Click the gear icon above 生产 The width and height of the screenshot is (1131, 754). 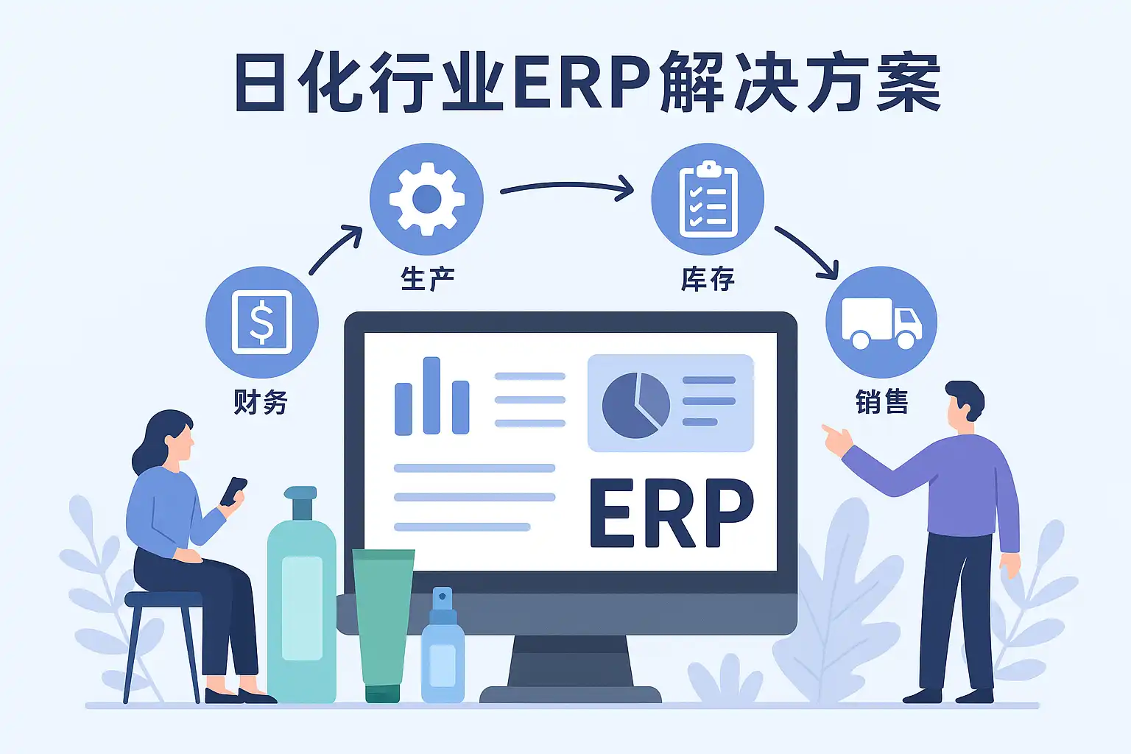[x=426, y=199]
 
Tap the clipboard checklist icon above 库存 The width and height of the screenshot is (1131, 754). [x=708, y=199]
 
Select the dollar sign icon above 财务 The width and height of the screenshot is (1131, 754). [x=261, y=323]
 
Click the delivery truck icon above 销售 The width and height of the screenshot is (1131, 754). [x=881, y=323]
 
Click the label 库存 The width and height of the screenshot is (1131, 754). [x=708, y=279]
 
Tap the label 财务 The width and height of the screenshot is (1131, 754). [x=261, y=402]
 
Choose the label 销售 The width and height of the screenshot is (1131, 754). [x=881, y=402]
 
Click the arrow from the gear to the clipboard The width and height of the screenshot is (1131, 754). [x=567, y=188]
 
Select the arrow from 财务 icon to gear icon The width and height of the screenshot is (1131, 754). [x=336, y=250]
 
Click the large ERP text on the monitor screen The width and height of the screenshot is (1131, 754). [x=672, y=513]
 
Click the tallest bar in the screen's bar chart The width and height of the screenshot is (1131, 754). [x=431, y=395]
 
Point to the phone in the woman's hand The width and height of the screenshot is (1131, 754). [x=233, y=491]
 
